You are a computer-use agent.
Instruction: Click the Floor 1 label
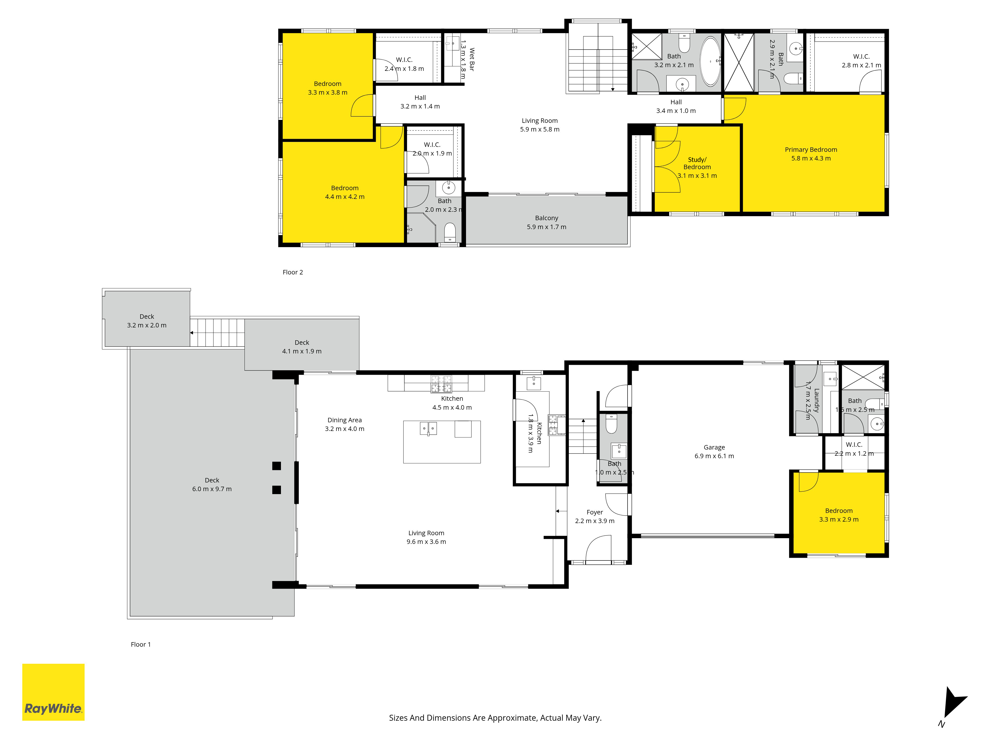[x=141, y=644]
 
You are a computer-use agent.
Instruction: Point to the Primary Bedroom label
[x=811, y=150]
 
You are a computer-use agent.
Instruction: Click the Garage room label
[x=714, y=448]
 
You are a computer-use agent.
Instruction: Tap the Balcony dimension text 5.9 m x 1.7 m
[x=547, y=227]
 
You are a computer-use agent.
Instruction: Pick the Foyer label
[x=595, y=512]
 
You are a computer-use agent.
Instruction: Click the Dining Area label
[x=345, y=420]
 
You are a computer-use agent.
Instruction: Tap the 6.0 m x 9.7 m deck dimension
[x=212, y=489]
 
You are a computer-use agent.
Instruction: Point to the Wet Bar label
[x=472, y=59]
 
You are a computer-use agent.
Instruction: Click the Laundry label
[x=816, y=400]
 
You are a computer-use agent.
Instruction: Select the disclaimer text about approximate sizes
[x=495, y=718]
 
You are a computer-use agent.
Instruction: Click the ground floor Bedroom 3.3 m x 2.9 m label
[x=839, y=515]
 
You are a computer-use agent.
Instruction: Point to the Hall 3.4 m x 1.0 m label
[x=676, y=106]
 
